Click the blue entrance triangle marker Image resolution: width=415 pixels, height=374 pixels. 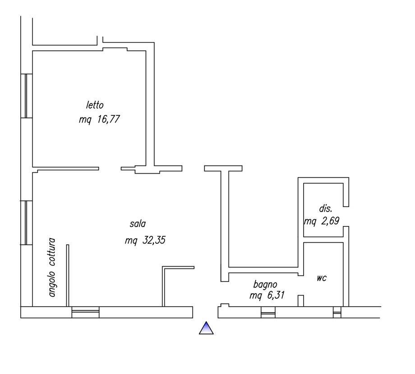206,328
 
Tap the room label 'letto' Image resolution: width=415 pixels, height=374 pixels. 95,105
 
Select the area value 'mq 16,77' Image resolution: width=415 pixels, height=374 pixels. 99,119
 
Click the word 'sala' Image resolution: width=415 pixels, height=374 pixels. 138,224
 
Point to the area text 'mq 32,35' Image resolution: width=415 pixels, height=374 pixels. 145,240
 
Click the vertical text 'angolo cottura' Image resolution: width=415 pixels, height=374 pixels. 52,268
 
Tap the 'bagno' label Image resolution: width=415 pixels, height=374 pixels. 265,285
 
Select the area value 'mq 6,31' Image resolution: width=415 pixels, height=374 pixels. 267,295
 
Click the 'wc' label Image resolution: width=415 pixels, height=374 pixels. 322,278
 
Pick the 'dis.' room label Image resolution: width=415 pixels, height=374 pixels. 326,208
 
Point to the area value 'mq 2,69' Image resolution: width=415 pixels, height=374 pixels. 322,221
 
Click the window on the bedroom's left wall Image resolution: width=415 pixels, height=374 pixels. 27,96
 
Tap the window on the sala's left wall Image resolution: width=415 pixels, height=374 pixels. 27,222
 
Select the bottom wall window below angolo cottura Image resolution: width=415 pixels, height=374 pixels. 86,312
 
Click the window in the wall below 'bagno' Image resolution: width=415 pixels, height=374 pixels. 268,312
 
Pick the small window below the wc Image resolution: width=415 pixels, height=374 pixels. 337,312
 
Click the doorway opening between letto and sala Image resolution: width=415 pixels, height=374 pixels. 110,169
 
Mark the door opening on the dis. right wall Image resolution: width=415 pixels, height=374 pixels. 346,217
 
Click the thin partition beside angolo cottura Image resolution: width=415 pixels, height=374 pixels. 68,276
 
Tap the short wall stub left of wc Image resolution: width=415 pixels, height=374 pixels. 301,301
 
